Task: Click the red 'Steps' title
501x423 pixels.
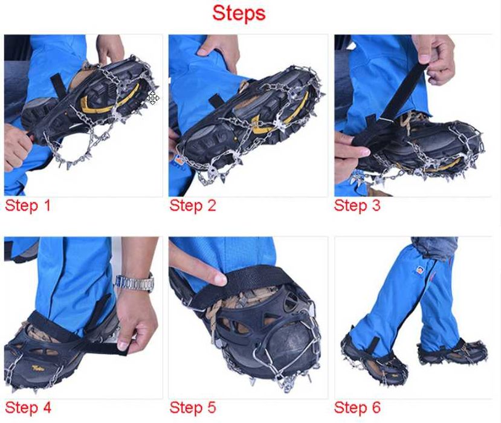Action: point(239,13)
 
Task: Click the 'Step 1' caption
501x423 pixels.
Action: point(28,205)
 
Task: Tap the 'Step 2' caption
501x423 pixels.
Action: point(193,205)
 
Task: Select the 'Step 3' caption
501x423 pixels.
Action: point(357,205)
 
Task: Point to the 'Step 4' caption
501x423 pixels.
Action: point(28,408)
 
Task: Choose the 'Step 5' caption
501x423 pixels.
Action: point(193,408)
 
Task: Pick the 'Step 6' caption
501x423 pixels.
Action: point(357,408)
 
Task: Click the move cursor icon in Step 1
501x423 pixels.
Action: point(153,98)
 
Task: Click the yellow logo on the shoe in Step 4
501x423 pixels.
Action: point(37,368)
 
